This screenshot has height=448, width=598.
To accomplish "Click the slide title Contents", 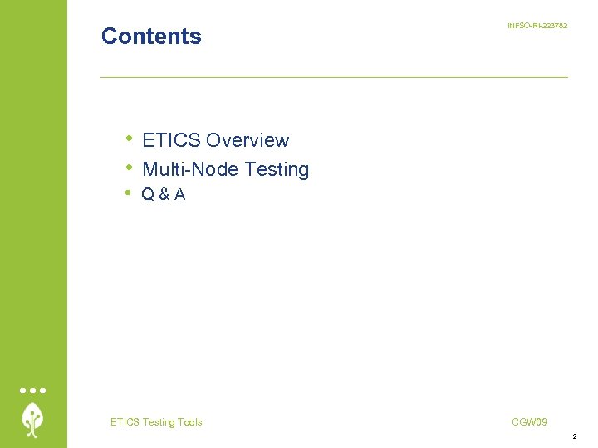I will pyautogui.click(x=151, y=37).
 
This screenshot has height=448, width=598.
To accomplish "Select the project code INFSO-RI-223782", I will pyautogui.click(x=537, y=27).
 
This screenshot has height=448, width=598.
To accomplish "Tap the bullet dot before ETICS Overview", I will pyautogui.click(x=129, y=138).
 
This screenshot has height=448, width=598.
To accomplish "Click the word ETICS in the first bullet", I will pyautogui.click(x=171, y=141).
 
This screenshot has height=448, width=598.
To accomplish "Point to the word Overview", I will pyautogui.click(x=248, y=141).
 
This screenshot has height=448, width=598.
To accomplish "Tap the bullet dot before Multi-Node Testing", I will pyautogui.click(x=129, y=167).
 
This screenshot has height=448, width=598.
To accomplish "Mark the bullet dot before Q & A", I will pyautogui.click(x=129, y=192).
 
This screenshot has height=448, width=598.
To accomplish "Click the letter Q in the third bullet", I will pyautogui.click(x=148, y=195).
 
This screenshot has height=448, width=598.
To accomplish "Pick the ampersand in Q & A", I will pyautogui.click(x=164, y=195).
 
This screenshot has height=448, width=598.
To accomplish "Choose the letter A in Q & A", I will pyautogui.click(x=179, y=195).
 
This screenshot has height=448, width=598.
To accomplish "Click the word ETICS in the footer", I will pyautogui.click(x=125, y=422).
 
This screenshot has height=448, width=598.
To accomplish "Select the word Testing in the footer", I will pyautogui.click(x=158, y=422).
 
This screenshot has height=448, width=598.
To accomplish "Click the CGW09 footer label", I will pyautogui.click(x=529, y=422).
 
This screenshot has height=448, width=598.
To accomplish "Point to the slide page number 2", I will pyautogui.click(x=574, y=436).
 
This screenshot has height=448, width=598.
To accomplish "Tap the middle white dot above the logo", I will pyautogui.click(x=33, y=390).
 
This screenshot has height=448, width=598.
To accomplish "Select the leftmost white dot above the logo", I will pyautogui.click(x=24, y=390).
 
